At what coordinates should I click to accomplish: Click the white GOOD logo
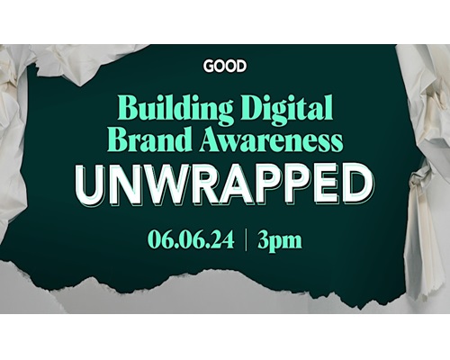pos(225,66)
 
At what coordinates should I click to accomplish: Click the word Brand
pos(153,140)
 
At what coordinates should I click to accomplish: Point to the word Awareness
pos(272,140)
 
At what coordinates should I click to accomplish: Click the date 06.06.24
pos(191,239)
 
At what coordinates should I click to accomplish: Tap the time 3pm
pos(280,241)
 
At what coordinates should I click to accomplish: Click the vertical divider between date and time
pos(246,239)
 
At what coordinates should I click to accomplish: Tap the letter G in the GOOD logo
pos(209,66)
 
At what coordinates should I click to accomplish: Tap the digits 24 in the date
pos(223,239)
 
